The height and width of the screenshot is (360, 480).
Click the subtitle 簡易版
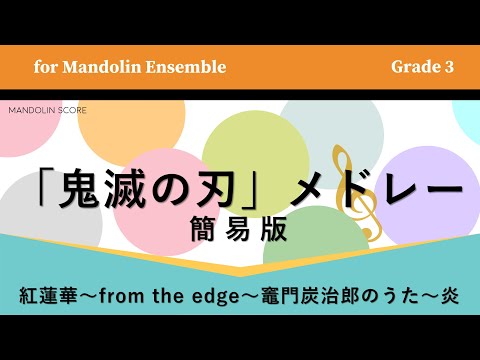[239, 231]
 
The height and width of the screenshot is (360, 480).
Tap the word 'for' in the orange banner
[45, 67]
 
